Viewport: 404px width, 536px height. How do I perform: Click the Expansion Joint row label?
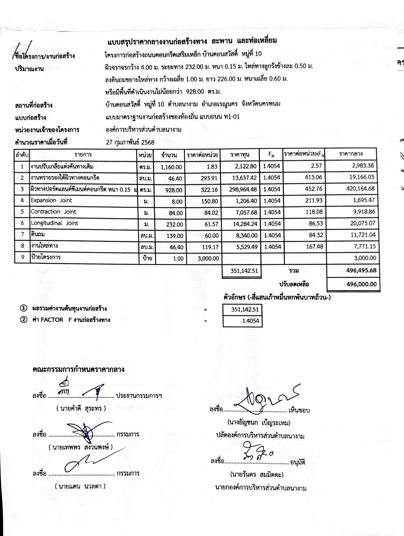51,200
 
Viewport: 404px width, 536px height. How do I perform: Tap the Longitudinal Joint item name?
54,223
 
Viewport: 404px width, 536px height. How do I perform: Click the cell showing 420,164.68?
360,189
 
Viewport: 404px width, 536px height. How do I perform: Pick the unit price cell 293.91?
209,178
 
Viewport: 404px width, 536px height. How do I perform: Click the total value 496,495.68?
361,270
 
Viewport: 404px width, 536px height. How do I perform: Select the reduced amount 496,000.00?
361,284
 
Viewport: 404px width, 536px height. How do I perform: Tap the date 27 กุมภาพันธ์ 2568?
130,142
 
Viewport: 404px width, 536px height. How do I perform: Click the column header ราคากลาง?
351,154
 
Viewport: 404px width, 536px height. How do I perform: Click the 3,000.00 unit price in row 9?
208,259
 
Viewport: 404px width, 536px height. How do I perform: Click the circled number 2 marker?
23,320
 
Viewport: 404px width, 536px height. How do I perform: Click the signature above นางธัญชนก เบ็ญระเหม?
264,399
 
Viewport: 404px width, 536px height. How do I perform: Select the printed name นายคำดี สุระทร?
81,408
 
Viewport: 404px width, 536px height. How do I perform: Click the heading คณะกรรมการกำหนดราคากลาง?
79,369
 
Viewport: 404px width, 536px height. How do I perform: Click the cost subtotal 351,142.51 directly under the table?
244,271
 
